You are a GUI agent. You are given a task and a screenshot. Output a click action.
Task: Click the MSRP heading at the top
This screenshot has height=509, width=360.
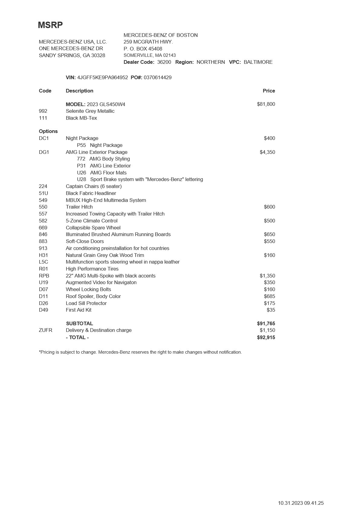(x=50, y=25)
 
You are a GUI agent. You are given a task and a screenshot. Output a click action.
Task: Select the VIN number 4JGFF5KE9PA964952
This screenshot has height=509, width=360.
(x=102, y=77)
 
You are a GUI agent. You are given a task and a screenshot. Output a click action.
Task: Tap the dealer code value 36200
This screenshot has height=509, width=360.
(x=164, y=62)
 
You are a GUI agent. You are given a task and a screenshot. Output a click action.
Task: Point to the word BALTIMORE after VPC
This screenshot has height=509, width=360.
(x=258, y=62)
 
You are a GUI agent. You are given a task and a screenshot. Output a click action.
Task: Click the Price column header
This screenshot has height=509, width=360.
(x=269, y=91)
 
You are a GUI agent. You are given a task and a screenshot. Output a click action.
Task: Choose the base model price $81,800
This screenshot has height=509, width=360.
(x=266, y=104)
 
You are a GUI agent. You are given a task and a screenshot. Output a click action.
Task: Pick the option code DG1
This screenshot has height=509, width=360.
(x=44, y=152)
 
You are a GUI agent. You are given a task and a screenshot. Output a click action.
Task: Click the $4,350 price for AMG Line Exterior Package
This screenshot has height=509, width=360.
(x=267, y=152)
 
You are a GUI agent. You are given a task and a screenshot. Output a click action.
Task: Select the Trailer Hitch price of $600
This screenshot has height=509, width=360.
(x=269, y=207)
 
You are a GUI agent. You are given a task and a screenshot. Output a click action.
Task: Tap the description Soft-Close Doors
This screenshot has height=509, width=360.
(x=85, y=241)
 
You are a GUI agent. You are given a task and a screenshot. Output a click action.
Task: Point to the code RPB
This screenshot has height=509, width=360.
(x=44, y=276)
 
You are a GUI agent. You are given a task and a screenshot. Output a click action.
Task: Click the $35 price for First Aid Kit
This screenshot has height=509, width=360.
(x=271, y=310)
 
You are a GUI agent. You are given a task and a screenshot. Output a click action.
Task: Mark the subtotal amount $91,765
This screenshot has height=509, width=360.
(x=266, y=323)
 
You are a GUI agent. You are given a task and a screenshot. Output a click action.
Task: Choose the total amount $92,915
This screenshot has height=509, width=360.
(x=266, y=337)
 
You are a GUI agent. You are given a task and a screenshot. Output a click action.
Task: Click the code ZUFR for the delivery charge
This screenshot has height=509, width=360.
(x=46, y=330)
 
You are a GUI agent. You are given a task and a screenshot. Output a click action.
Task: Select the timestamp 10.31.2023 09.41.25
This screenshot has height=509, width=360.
(x=301, y=503)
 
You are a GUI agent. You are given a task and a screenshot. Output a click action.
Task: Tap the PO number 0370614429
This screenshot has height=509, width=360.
(x=157, y=77)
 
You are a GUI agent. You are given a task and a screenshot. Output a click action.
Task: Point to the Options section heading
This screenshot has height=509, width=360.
(x=48, y=131)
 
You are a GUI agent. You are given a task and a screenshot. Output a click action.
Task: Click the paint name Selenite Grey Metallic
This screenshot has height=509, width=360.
(x=90, y=111)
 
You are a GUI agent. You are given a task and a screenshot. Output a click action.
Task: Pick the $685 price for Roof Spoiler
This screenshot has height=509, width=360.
(x=269, y=296)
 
